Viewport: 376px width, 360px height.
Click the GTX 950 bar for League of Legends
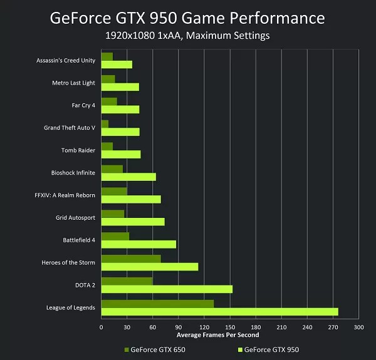(x=219, y=311)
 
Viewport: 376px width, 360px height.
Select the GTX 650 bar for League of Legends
(x=157, y=304)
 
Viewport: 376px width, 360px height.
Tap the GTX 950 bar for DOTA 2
(x=167, y=289)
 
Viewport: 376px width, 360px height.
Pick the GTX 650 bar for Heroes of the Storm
(x=131, y=259)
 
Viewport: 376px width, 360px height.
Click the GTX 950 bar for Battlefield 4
(x=138, y=244)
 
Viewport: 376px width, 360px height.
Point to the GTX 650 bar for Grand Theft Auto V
(x=105, y=124)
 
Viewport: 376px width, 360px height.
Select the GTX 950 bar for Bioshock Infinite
(x=128, y=177)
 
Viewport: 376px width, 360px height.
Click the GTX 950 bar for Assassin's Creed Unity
(x=117, y=64)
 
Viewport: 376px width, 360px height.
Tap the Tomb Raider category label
(x=78, y=150)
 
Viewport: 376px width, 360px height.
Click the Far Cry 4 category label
(x=83, y=105)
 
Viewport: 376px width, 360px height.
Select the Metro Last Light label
(x=74, y=83)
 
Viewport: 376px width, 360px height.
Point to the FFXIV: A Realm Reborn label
(x=65, y=195)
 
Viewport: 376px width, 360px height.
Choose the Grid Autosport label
(x=75, y=218)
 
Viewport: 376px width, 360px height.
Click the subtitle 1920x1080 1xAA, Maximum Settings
(x=188, y=36)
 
